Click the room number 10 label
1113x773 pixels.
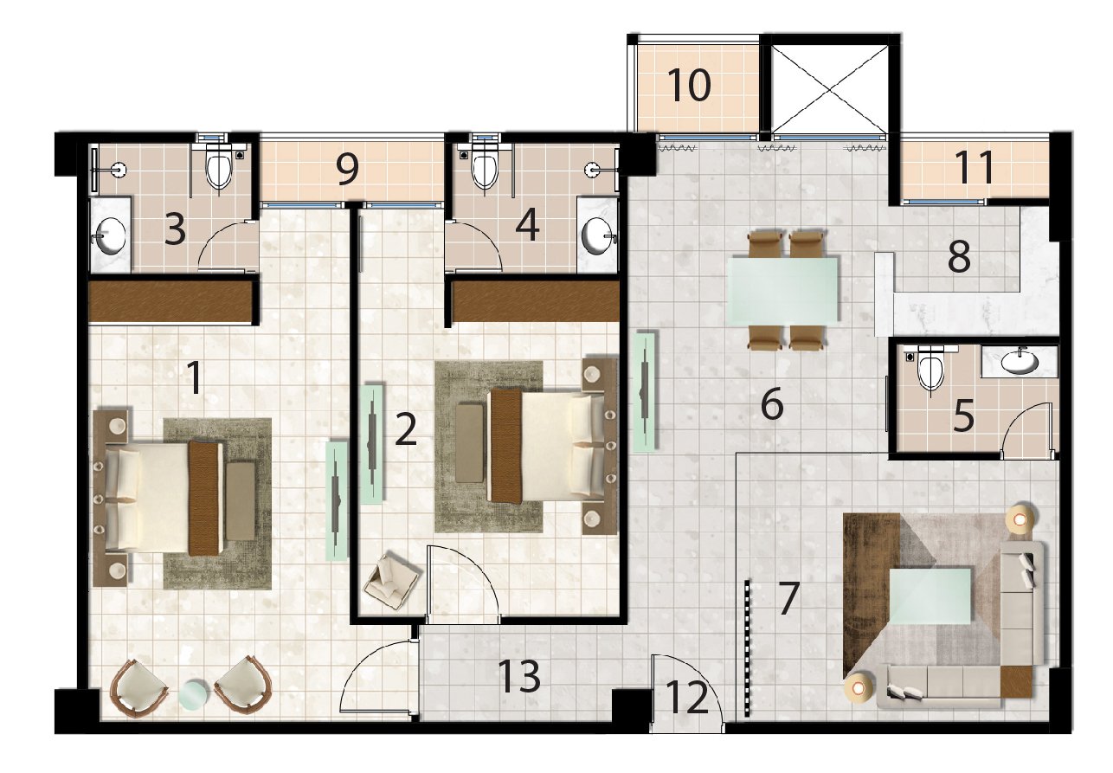(x=689, y=85)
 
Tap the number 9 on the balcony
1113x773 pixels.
(x=347, y=169)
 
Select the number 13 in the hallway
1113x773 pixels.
(x=519, y=677)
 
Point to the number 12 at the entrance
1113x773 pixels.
(x=686, y=697)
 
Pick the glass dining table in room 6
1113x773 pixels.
(x=782, y=290)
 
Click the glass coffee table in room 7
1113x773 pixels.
(x=930, y=596)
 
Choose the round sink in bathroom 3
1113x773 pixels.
(x=110, y=235)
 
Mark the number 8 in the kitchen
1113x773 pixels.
(x=959, y=257)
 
